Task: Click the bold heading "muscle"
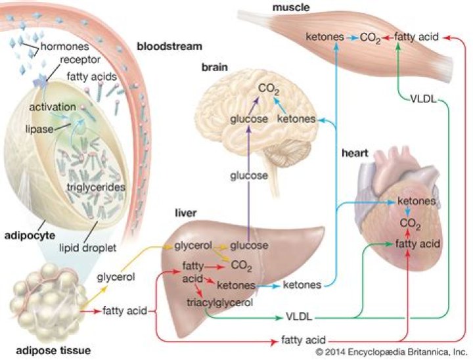click(x=291, y=7)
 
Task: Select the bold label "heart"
click(x=355, y=153)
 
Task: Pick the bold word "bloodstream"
click(x=169, y=47)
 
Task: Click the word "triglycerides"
click(x=101, y=187)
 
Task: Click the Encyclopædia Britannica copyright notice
click(x=392, y=351)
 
